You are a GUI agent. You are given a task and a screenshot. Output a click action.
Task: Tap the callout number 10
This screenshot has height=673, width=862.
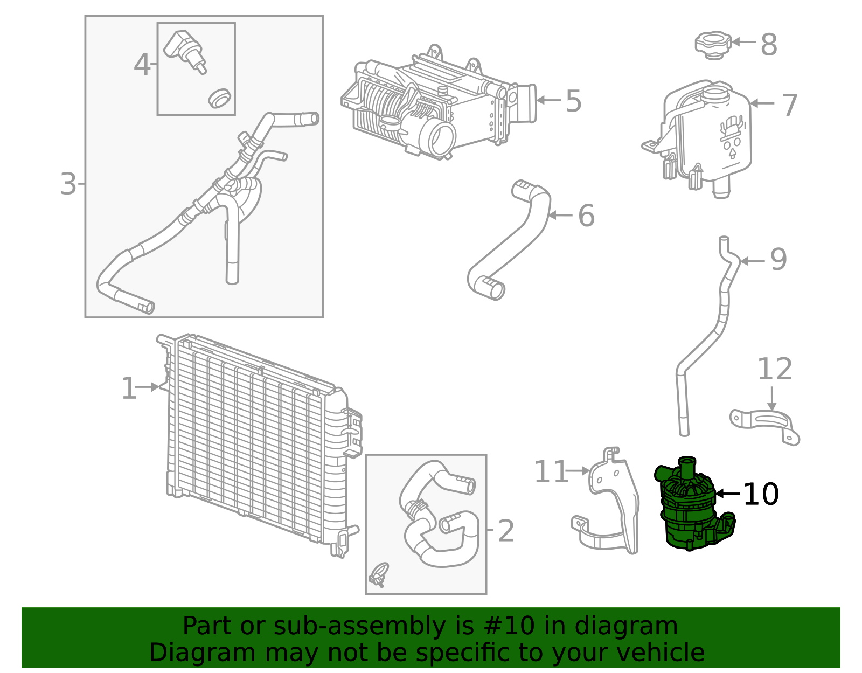click(x=760, y=494)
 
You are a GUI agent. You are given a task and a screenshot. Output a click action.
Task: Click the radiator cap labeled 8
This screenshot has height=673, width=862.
click(x=712, y=44)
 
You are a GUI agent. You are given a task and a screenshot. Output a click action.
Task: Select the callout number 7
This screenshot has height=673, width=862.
click(x=789, y=105)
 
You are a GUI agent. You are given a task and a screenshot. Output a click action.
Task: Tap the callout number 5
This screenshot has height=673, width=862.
click(x=573, y=101)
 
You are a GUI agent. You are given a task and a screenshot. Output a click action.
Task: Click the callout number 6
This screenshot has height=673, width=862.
click(x=586, y=216)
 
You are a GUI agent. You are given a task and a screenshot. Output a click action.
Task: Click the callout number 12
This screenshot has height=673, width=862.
click(x=775, y=370)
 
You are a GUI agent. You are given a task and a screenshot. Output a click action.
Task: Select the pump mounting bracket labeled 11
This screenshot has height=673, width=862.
click(x=614, y=507)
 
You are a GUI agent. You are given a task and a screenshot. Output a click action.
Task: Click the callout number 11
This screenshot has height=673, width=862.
click(x=551, y=472)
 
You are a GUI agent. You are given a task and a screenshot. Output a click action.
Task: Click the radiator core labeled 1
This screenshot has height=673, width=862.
click(x=253, y=436)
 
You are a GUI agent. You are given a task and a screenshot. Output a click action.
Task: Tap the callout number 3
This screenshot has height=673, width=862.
click(x=68, y=184)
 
